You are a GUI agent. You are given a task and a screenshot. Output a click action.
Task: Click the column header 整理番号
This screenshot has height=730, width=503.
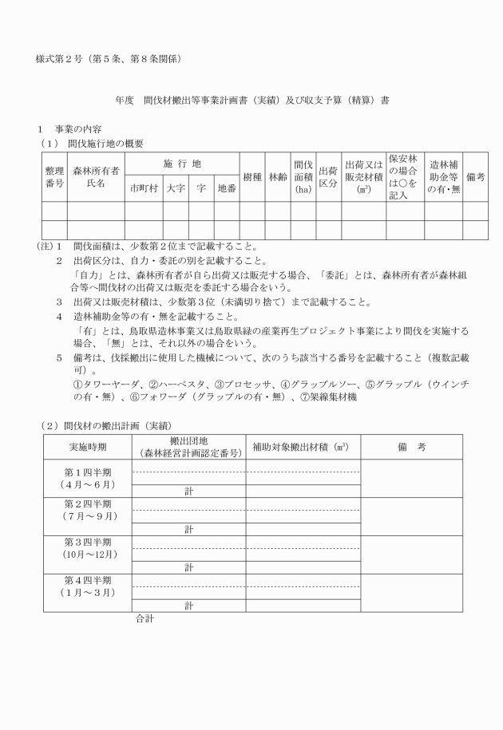tap(54, 176)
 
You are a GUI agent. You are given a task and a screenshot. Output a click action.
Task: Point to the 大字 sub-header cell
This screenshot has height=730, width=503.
tap(176, 189)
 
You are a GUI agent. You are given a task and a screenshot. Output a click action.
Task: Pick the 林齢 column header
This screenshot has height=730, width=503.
tap(277, 176)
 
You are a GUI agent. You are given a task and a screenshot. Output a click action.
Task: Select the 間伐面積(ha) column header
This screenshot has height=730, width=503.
tap(303, 176)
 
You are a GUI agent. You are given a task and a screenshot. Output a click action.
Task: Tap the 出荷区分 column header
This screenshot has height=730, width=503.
tap(327, 176)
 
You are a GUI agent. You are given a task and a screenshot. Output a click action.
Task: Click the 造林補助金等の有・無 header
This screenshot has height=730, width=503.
tap(442, 176)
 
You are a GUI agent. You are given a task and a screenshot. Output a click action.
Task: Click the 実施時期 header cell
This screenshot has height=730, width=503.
tap(88, 447)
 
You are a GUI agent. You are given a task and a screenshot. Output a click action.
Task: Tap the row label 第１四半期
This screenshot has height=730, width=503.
tap(88, 472)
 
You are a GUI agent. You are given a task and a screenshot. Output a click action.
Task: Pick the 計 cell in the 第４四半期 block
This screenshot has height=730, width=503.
tap(188, 606)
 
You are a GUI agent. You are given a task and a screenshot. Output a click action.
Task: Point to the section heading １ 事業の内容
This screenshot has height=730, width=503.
tap(72, 129)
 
